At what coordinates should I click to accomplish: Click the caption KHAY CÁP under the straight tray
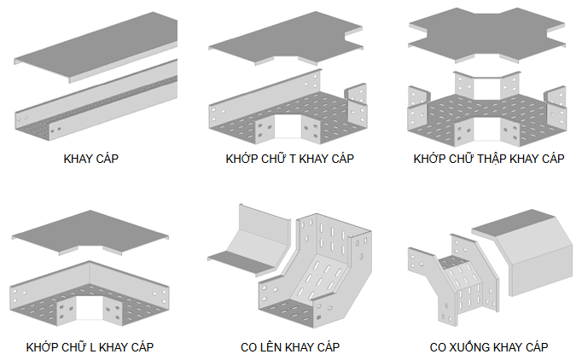point(90,159)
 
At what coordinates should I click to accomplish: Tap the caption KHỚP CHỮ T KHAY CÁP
point(290,159)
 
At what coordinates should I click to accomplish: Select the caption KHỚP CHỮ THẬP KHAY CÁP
point(489,159)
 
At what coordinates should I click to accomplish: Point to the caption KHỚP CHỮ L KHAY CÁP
point(90,347)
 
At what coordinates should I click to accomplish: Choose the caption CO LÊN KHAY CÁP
point(290,347)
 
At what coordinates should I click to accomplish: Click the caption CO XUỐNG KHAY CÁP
point(489,347)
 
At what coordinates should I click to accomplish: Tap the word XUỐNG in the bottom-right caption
point(480,347)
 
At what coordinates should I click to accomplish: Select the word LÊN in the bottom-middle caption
point(274,347)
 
